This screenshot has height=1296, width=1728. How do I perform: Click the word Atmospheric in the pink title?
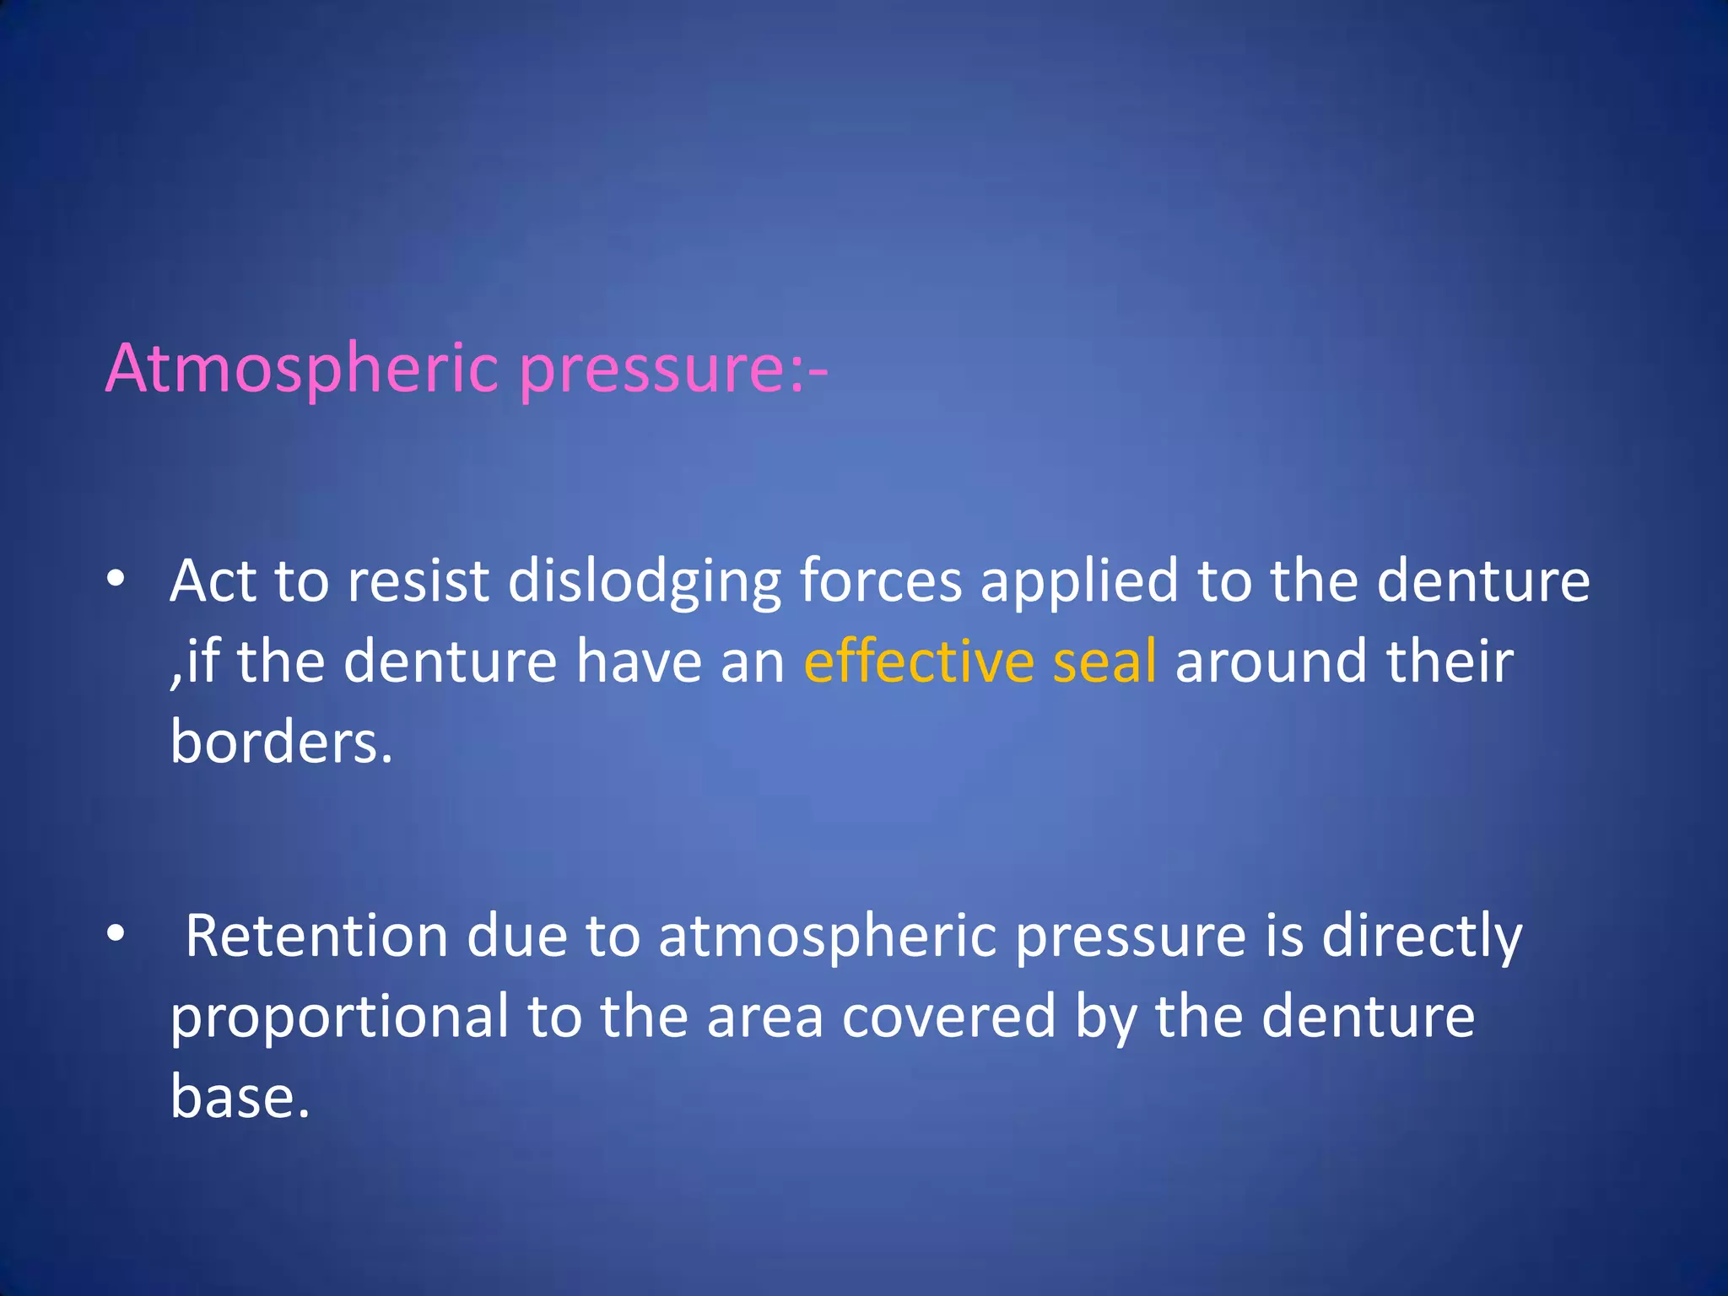pos(302,370)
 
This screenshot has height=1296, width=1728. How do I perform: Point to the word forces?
pos(880,581)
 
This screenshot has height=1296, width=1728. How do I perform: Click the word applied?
pos(1079,581)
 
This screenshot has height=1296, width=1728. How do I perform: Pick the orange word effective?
pos(918,661)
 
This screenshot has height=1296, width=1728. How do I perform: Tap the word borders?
pos(281,742)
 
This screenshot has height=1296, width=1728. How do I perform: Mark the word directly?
pos(1422,937)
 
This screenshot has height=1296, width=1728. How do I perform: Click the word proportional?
pos(339,1017)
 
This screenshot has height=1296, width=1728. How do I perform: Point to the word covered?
pos(948,1017)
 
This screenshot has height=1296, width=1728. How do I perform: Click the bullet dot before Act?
pos(116,579)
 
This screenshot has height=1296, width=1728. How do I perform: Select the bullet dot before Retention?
pos(116,933)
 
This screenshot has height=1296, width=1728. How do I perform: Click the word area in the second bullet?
pos(764,1017)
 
